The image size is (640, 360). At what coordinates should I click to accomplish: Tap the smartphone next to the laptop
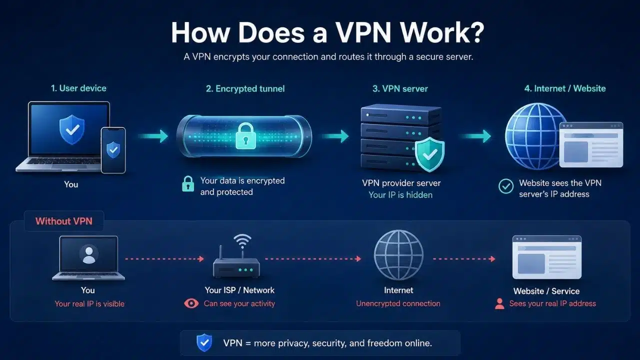click(x=113, y=150)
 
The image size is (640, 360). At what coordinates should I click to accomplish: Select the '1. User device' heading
click(x=78, y=88)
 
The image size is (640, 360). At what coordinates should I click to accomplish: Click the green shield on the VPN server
click(x=429, y=154)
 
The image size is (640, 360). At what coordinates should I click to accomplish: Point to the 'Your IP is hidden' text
click(x=400, y=195)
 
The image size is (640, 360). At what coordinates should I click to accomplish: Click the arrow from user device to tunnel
click(x=153, y=136)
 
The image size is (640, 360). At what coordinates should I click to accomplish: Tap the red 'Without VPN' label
click(x=64, y=221)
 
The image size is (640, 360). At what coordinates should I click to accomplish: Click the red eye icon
click(x=191, y=303)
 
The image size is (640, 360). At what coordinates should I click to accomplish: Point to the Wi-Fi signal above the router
click(x=242, y=241)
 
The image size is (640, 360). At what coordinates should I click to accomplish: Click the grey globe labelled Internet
click(x=398, y=255)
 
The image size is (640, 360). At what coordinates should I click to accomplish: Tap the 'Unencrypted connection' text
click(x=398, y=303)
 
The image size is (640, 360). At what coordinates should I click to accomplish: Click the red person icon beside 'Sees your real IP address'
click(x=499, y=303)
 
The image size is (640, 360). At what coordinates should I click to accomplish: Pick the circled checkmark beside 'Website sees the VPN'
click(x=506, y=186)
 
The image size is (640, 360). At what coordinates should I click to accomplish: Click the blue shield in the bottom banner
click(x=204, y=342)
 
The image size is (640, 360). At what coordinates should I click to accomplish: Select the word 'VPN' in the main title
click(x=363, y=32)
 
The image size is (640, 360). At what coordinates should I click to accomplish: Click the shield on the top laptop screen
click(x=72, y=129)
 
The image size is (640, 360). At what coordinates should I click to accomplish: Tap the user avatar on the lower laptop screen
click(x=89, y=254)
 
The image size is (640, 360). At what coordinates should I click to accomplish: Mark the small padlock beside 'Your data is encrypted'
click(x=188, y=183)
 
